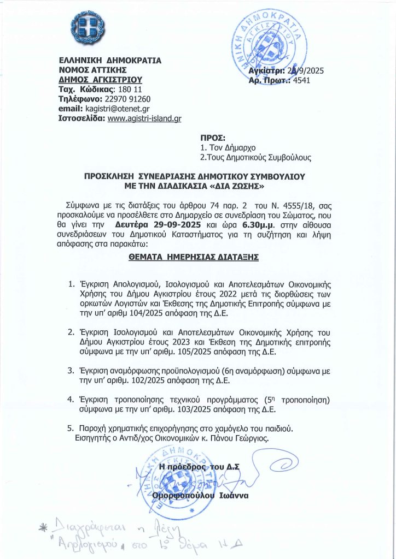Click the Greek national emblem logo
pos(85,29)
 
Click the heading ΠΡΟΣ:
pos(210,138)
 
